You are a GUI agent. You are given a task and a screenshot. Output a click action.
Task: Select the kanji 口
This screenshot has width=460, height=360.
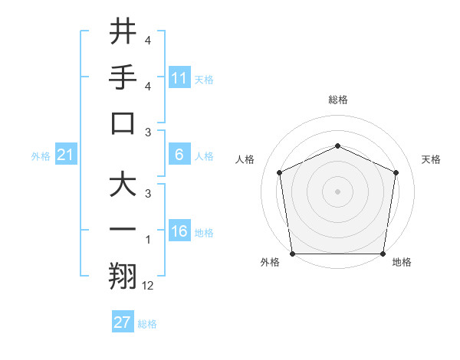coord(123,123)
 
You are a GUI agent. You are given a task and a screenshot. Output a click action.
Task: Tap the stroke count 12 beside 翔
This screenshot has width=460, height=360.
coord(148,286)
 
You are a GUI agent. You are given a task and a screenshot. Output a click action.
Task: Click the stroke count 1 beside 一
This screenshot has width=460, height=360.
coord(148,240)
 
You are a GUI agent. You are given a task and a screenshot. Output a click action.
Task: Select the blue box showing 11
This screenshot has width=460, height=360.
coord(179,77)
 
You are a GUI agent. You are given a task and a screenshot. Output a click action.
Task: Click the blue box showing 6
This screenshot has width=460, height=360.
coord(179,155)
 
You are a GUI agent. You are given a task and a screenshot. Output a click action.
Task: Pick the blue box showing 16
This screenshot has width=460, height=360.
coord(179,231)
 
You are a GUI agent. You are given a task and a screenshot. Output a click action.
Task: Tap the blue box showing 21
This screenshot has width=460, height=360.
coord(66,155)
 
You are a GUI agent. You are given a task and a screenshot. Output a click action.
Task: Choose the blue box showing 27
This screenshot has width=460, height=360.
coord(123,322)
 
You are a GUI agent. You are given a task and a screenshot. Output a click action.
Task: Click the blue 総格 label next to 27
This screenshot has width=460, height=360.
coord(147,323)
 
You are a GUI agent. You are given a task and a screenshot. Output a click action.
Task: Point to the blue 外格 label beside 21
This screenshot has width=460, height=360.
coord(41,155)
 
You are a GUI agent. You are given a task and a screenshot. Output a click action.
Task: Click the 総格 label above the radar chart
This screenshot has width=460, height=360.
coord(337,100)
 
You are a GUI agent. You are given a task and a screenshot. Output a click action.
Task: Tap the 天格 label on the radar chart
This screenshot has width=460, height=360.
coord(431,159)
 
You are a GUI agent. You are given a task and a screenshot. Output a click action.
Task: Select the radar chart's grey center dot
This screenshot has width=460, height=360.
coord(337,191)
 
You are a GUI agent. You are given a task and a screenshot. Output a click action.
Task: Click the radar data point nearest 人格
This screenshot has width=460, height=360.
coord(280,172)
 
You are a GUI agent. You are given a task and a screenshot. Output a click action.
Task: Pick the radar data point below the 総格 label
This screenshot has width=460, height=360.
coord(337,146)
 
